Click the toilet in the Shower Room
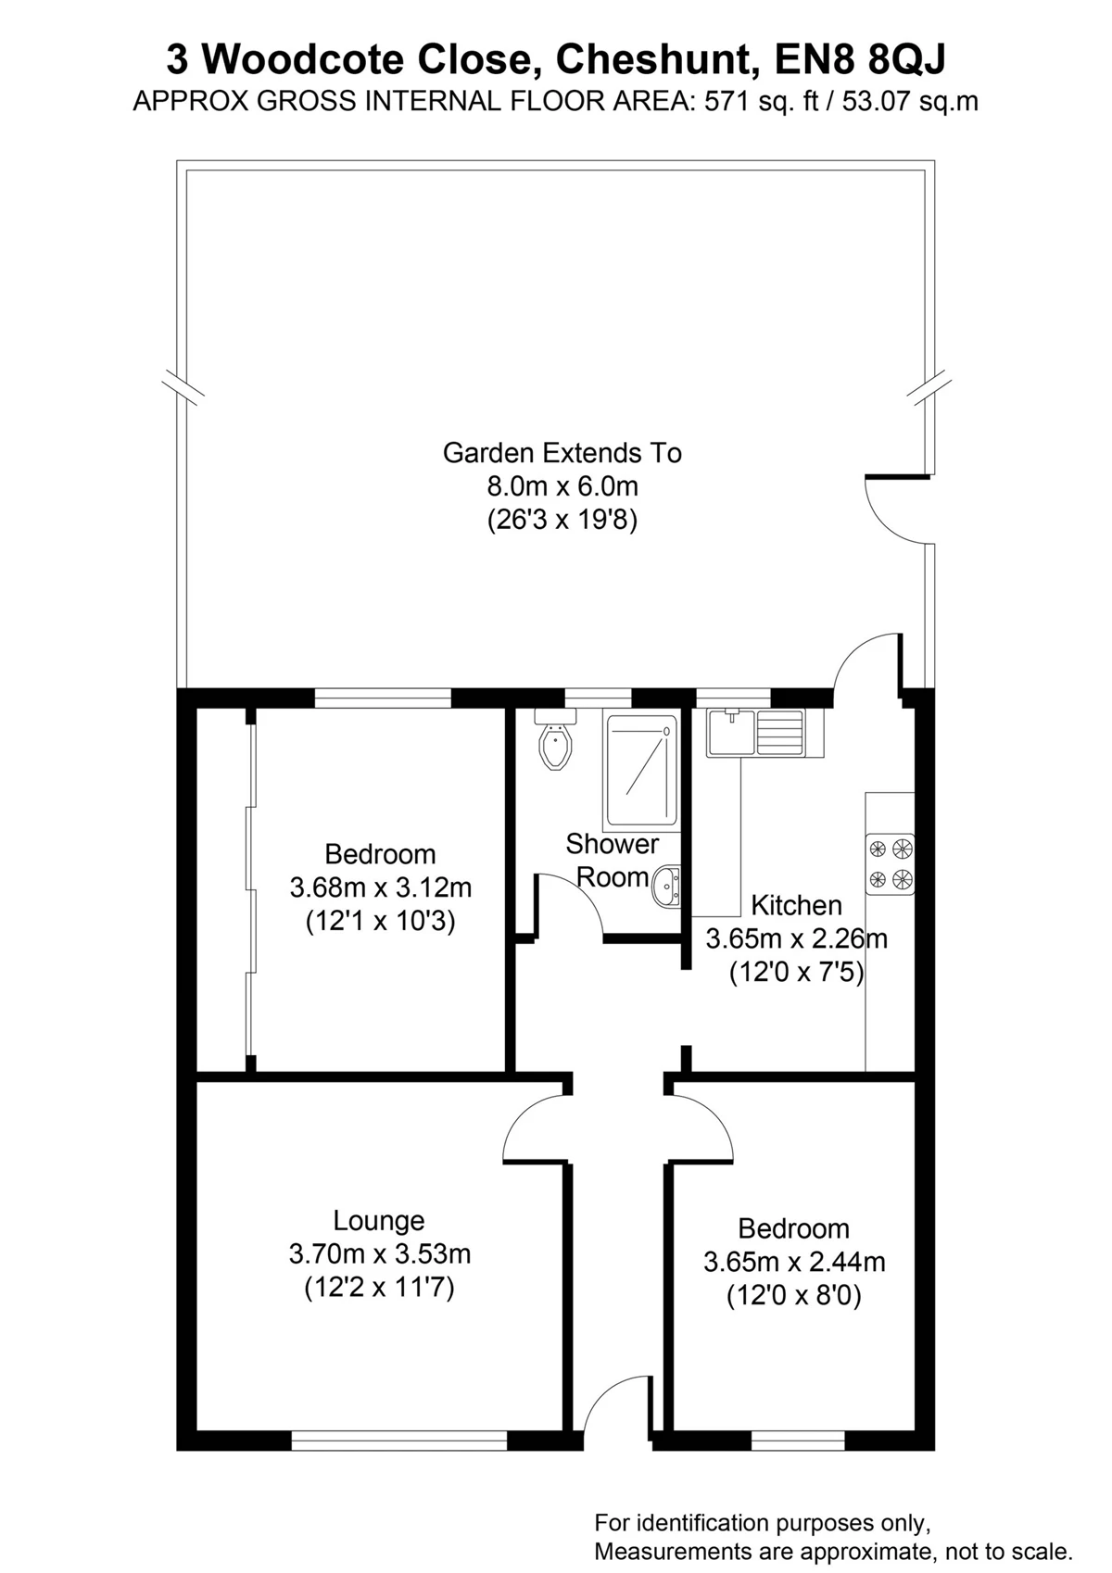tap(556, 739)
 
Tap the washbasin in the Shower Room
tap(666, 887)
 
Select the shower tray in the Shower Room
tap(641, 771)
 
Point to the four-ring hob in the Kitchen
tap(890, 863)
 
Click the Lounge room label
tap(379, 1220)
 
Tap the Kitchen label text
tap(797, 905)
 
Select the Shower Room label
tap(613, 860)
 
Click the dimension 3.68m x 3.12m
tap(381, 887)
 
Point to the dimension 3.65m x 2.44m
tap(794, 1262)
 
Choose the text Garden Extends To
tap(562, 453)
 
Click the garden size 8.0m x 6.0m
tap(562, 486)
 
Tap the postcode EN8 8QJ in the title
tap(860, 59)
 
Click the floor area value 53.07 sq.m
tap(910, 102)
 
